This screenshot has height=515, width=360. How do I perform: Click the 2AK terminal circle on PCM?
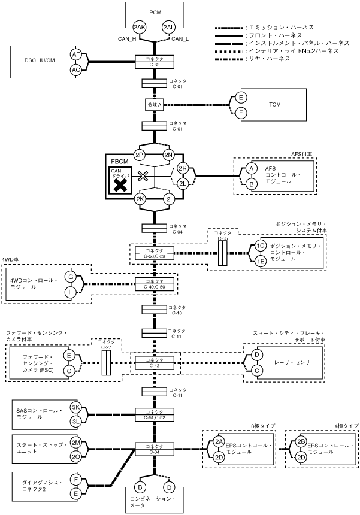[x=140, y=28]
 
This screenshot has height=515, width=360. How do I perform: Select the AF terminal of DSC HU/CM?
[x=76, y=54]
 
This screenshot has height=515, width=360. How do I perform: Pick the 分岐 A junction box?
[x=155, y=105]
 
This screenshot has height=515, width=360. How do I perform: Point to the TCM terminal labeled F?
[x=241, y=112]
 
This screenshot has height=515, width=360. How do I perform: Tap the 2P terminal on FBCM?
[x=140, y=154]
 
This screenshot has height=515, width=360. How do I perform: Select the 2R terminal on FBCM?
[x=183, y=169]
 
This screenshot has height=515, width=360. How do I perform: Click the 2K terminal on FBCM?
[x=140, y=199]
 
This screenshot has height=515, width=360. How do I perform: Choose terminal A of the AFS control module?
[x=252, y=169]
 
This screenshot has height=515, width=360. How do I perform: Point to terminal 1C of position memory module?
[x=260, y=246]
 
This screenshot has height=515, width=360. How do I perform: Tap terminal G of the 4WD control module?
[x=71, y=277]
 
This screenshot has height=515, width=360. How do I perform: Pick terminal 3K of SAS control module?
[x=76, y=407]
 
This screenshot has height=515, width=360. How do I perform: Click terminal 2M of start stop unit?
[x=76, y=442]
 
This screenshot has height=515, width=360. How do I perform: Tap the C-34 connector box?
[x=155, y=448]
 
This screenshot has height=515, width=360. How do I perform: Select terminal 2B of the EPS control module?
[x=301, y=442]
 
